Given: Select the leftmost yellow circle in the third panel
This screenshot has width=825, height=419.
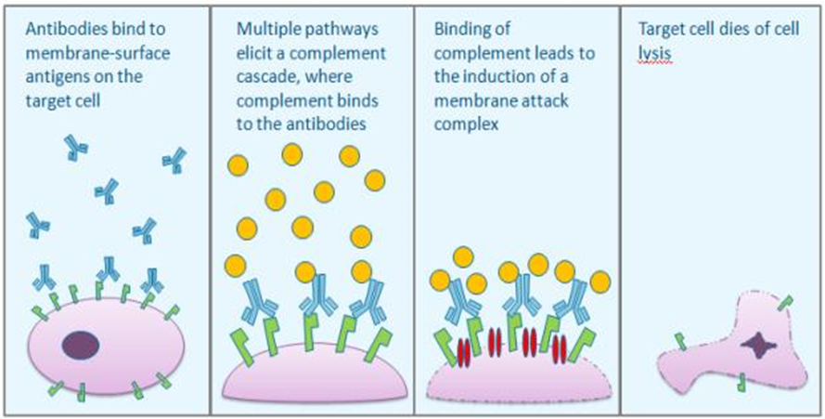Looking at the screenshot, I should [x=443, y=279].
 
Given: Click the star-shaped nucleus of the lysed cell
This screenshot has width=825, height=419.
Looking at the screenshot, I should [x=760, y=349].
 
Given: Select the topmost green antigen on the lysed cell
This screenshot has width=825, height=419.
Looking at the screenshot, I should [x=785, y=303].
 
